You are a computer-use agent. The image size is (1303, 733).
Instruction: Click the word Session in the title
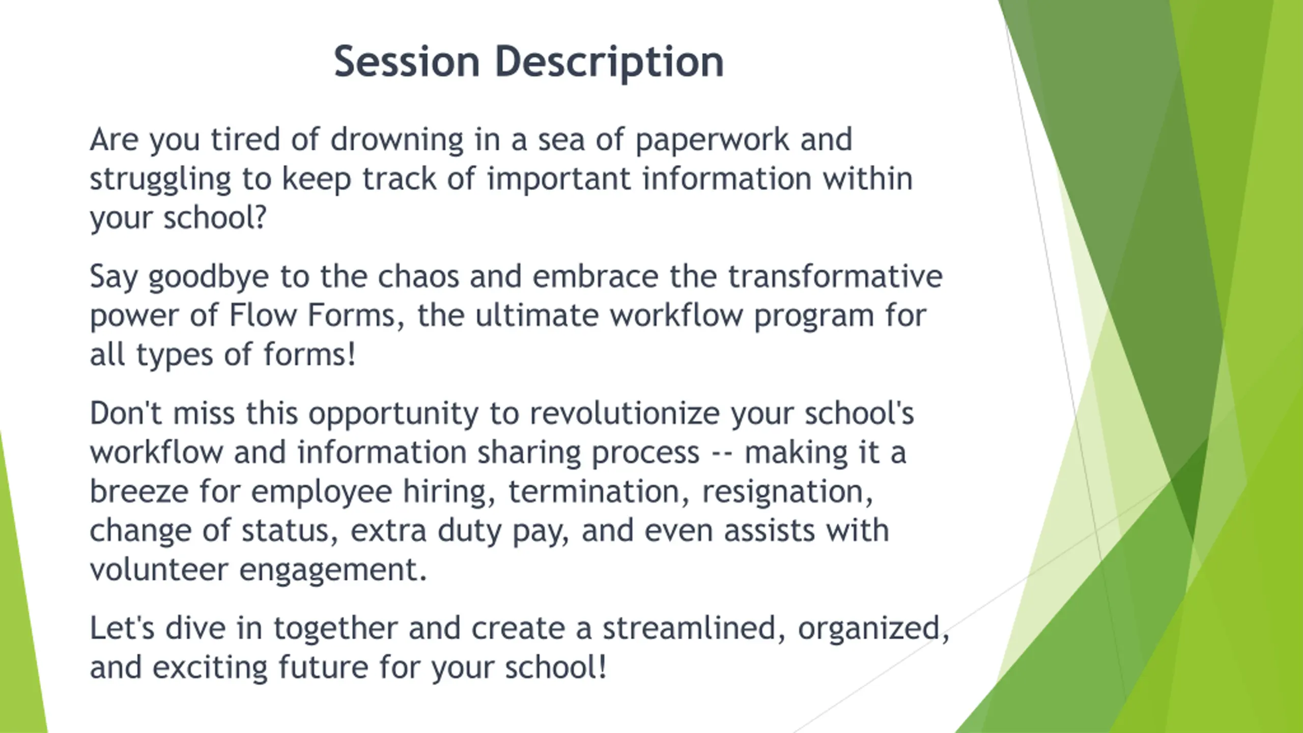(x=407, y=62)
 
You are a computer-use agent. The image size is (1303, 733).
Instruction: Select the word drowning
(x=397, y=140)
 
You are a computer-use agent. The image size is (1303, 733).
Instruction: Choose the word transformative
(x=835, y=276)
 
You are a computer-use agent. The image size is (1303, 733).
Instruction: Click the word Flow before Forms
(x=263, y=316)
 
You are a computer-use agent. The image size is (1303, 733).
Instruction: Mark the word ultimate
(x=536, y=316)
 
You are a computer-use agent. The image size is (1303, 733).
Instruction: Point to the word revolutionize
(x=625, y=413)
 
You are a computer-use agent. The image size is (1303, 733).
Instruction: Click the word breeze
(x=139, y=492)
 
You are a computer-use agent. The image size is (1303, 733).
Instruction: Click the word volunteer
(x=159, y=570)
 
